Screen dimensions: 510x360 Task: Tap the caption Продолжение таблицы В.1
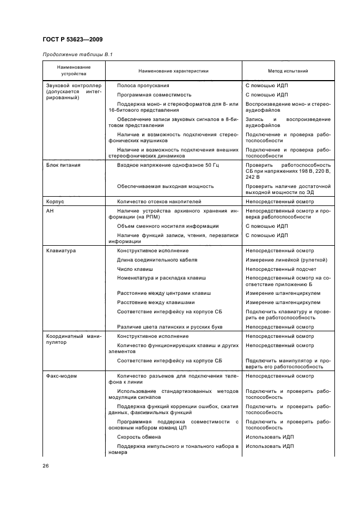click(x=73, y=55)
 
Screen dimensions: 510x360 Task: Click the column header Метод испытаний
click(x=288, y=71)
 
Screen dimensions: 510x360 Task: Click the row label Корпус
click(x=55, y=201)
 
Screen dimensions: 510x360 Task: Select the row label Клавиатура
click(x=61, y=251)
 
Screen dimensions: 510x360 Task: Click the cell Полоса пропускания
click(x=143, y=86)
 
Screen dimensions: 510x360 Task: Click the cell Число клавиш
click(x=135, y=269)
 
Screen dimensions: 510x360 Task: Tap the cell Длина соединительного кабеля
click(x=157, y=260)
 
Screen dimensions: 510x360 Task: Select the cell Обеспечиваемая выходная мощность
click(x=166, y=186)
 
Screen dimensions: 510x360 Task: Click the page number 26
click(x=45, y=465)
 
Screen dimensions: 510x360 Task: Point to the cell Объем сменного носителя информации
click(x=168, y=226)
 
